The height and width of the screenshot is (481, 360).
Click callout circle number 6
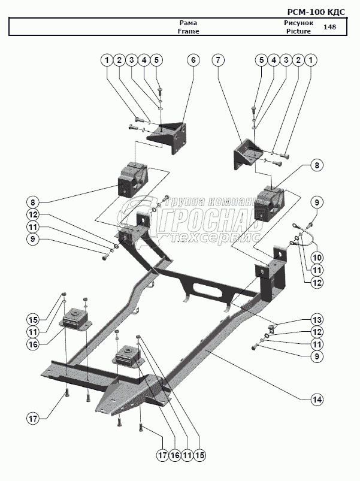192,60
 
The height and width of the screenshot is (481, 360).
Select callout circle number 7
218,60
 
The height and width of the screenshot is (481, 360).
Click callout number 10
317,257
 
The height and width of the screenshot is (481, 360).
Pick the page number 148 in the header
329,27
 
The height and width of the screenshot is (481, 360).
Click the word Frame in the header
188,31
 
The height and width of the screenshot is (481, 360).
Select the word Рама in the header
188,23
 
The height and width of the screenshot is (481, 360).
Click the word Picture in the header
298,31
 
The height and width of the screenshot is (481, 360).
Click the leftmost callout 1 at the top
107,60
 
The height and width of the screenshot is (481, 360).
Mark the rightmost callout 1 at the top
312,60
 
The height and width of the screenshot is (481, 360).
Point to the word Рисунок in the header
298,23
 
